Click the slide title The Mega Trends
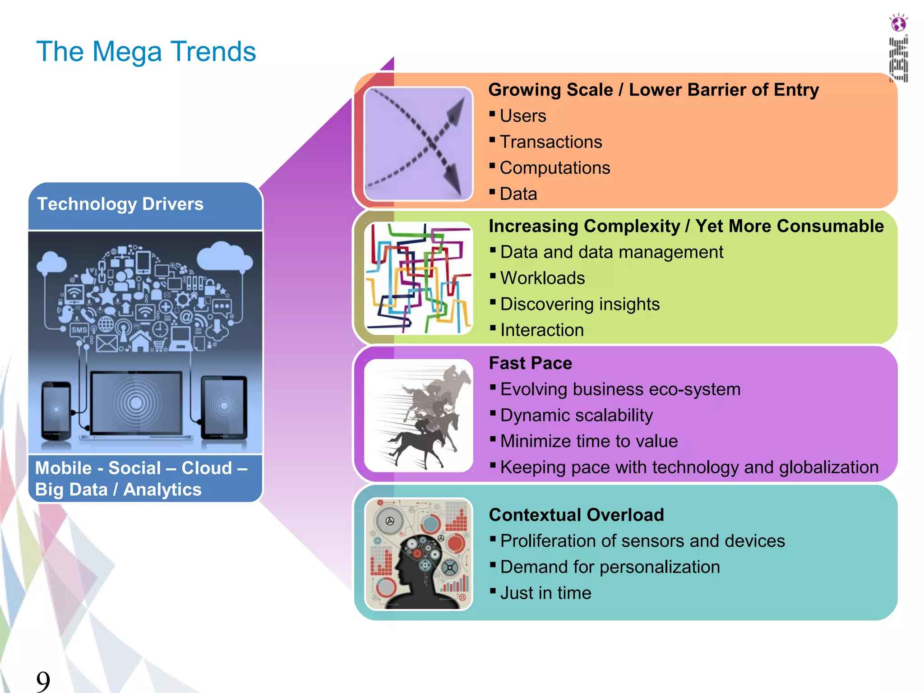tap(146, 51)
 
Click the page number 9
tap(43, 681)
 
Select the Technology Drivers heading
tap(120, 204)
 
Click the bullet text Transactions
tap(550, 142)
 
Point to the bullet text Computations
tap(554, 168)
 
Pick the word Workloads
tap(542, 278)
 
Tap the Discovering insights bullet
tap(580, 304)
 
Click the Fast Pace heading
tap(530, 363)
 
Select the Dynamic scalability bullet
tap(576, 415)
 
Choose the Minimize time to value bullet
tap(589, 441)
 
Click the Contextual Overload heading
tap(576, 515)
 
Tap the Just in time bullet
tap(545, 593)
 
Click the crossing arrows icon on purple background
tap(418, 144)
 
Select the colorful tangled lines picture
tap(418, 278)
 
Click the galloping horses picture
tap(418, 416)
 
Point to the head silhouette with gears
tap(418, 554)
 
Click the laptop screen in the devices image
tap(136, 402)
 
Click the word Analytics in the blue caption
tap(162, 490)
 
